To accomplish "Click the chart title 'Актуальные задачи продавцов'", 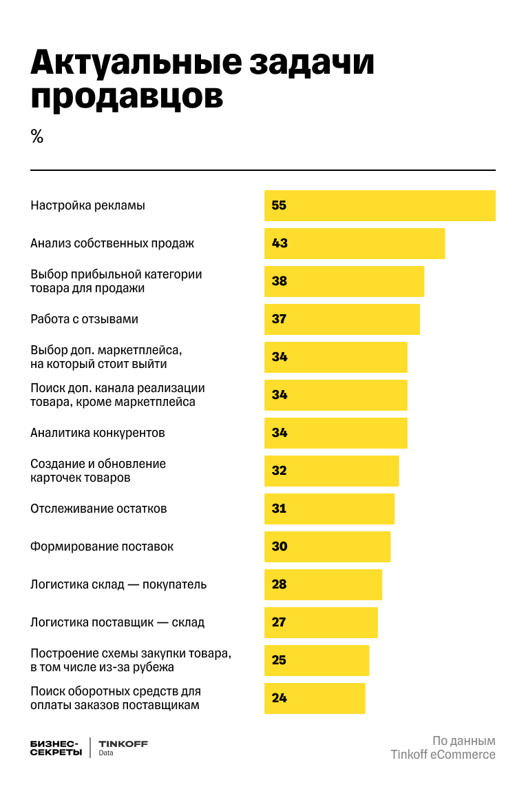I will [202, 80].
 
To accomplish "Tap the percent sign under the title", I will [37, 136].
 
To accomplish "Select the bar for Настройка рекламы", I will [379, 205].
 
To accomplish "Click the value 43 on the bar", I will [280, 243].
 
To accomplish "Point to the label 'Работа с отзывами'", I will [84, 319].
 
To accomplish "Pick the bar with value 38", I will [344, 281].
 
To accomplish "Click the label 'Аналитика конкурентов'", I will [97, 433].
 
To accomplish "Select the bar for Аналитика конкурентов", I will [336, 433].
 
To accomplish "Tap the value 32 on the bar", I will [280, 471].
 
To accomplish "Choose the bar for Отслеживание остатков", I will [329, 509].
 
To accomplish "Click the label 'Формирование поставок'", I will [101, 546].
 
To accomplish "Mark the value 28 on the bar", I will [280, 584].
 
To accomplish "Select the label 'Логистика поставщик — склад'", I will [117, 622].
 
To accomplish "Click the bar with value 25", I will [317, 660].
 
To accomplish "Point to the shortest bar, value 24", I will [315, 698].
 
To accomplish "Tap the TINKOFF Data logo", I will [123, 748].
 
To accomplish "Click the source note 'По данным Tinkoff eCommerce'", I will [443, 748].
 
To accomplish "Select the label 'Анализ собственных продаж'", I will [112, 243].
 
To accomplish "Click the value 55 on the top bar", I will [280, 205].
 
